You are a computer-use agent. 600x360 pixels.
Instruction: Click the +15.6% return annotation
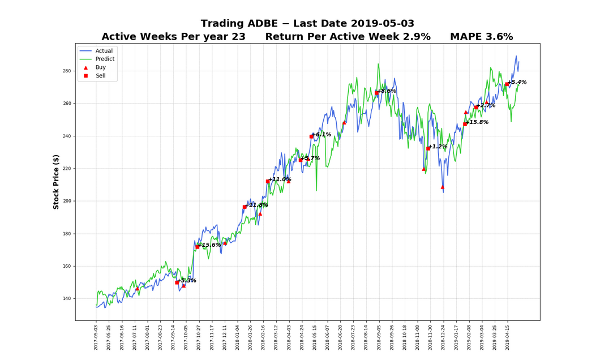coord(209,245)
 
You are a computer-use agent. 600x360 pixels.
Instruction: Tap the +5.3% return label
coord(186,281)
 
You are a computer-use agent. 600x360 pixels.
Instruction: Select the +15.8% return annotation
coord(477,122)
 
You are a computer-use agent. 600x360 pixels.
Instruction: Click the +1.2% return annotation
coord(438,147)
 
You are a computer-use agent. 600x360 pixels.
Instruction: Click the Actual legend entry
coord(104,51)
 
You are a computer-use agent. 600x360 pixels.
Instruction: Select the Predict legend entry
coord(105,59)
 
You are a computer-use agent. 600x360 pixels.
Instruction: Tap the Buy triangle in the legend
coord(86,67)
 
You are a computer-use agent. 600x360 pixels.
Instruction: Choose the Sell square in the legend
coord(86,75)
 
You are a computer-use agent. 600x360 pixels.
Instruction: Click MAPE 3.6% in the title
coord(481,37)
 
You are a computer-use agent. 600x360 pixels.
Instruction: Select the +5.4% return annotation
coord(517,82)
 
